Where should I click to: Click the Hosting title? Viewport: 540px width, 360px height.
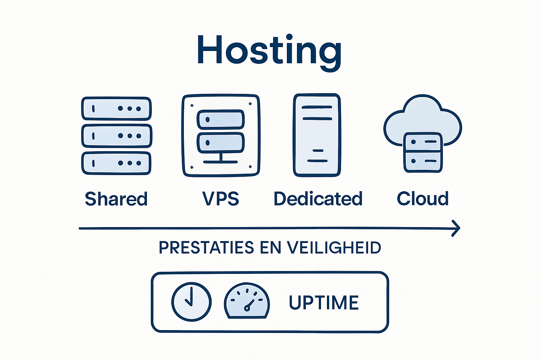coord(269,51)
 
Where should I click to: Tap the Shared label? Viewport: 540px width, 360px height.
coord(116,199)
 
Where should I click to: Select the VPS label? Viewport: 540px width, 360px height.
coord(220,199)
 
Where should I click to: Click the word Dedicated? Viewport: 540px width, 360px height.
coord(318,199)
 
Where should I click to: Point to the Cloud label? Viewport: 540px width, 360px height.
coord(423,199)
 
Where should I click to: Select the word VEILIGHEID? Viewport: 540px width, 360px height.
coord(334,248)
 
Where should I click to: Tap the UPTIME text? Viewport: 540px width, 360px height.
coord(323,303)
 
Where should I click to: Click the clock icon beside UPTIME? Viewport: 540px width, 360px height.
coord(191,302)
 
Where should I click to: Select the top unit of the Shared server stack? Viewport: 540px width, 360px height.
coord(116,109)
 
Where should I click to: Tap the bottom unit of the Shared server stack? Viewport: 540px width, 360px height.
coord(116,163)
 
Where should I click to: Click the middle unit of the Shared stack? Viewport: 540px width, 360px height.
coord(116,136)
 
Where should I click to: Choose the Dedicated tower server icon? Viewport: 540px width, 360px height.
coord(317,135)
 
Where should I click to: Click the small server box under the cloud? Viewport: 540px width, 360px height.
coord(423,152)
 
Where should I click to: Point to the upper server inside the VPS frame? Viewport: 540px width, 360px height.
coord(220,120)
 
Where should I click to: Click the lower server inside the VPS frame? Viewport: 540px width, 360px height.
coord(220,143)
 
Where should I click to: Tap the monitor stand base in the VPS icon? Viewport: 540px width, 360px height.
coord(220,162)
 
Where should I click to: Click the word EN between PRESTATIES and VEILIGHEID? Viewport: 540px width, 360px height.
coord(271,248)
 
